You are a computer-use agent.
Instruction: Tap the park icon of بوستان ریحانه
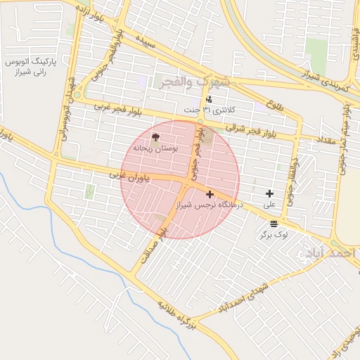(x=156, y=137)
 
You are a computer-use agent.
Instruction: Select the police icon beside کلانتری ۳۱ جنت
(x=209, y=100)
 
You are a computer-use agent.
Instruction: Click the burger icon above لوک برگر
(x=274, y=222)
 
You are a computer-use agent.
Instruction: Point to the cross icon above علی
(x=269, y=193)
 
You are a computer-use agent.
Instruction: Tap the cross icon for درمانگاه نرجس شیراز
(x=210, y=193)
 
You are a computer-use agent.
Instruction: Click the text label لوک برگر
(x=274, y=234)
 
